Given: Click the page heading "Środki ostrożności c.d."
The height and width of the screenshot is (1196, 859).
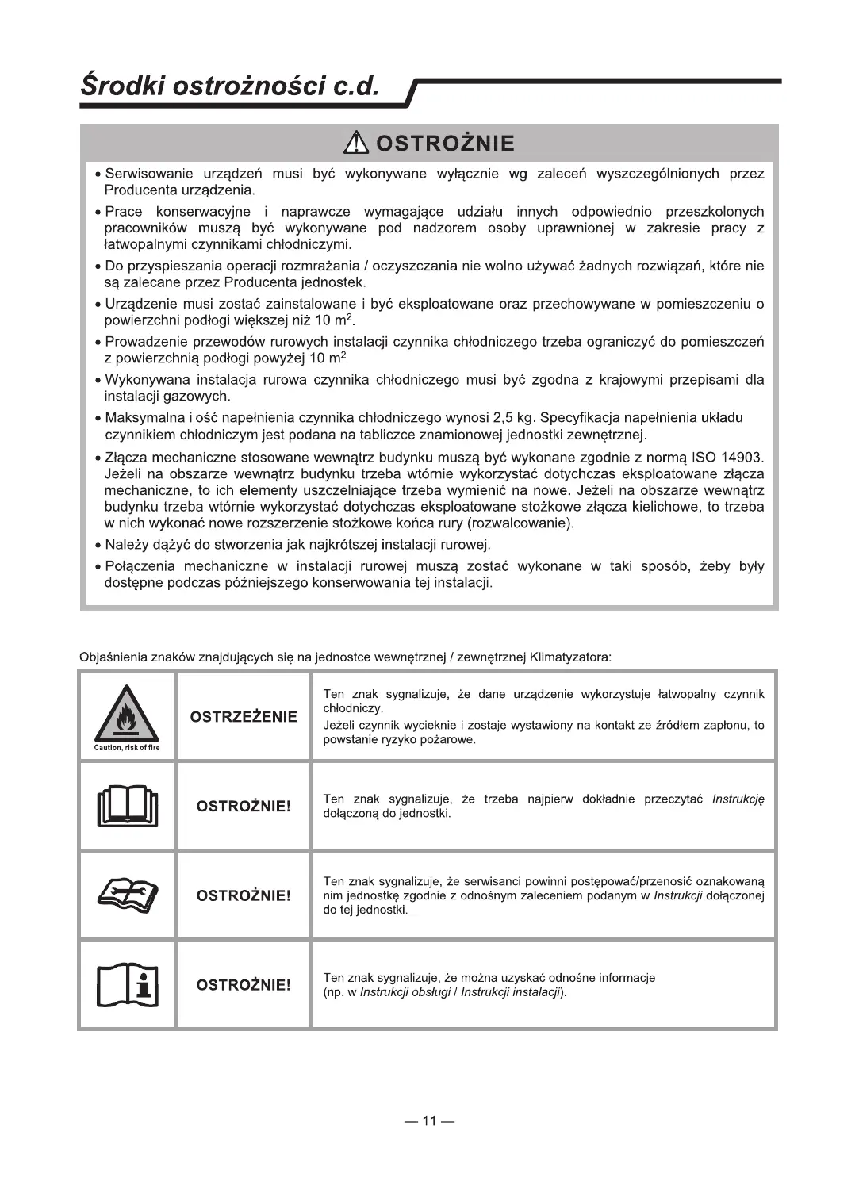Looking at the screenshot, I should click(229, 86).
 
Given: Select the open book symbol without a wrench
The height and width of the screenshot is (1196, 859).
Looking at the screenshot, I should click(127, 805).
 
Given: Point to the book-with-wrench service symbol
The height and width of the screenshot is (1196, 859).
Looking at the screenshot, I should click(127, 895).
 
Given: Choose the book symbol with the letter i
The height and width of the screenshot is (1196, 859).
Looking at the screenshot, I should click(127, 984).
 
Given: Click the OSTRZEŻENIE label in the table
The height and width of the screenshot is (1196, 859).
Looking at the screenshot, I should click(244, 717).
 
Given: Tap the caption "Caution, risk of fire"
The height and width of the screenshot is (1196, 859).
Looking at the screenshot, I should click(127, 748).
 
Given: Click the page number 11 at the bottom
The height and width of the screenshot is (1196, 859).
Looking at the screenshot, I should click(429, 1121).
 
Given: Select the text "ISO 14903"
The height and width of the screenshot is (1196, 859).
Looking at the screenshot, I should click(727, 458).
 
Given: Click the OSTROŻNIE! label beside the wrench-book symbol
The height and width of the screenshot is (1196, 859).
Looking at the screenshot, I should click(244, 895).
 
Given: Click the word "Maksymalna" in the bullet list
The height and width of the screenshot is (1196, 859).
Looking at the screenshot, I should click(140, 418).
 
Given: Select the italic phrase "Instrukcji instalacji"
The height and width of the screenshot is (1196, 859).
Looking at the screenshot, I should click(512, 993).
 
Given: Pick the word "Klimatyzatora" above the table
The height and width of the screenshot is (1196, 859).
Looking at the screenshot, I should click(569, 657).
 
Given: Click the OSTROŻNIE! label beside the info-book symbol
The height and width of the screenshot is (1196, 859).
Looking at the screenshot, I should click(244, 985).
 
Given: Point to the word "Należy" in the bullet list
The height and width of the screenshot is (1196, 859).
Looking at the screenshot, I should click(124, 545).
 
